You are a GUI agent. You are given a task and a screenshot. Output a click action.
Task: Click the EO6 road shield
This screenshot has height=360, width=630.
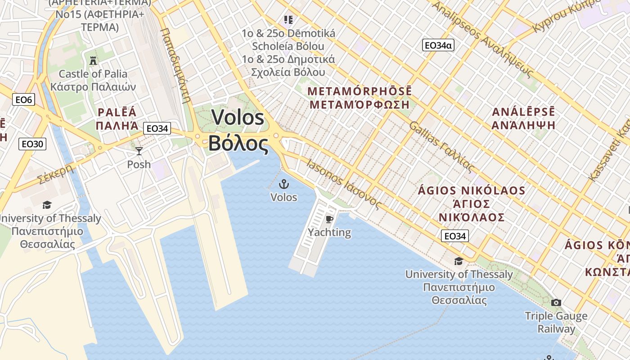23,99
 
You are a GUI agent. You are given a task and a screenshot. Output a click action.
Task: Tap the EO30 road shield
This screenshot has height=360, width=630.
32,144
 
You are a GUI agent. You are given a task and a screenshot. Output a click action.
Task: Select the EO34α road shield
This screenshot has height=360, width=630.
438,45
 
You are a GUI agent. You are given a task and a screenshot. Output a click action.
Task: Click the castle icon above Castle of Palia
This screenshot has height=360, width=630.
93,60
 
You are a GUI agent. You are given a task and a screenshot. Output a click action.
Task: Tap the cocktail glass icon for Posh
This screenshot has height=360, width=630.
139,151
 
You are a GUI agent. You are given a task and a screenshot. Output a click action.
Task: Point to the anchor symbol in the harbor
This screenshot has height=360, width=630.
284,184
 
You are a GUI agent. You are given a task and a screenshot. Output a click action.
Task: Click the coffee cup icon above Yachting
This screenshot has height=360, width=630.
329,219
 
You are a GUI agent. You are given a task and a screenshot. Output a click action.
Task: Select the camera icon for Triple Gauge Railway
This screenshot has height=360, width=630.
556,302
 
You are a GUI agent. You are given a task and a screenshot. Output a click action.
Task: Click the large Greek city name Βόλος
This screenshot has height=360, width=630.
238,144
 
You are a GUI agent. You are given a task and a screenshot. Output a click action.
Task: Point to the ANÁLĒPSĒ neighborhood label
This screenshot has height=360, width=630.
523,112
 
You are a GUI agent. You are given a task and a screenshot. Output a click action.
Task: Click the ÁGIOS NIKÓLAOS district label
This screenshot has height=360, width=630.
472,190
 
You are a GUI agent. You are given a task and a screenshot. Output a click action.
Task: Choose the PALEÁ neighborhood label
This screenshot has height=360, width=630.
117,112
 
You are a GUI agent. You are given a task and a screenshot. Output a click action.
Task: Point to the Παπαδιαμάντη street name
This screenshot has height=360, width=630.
176,65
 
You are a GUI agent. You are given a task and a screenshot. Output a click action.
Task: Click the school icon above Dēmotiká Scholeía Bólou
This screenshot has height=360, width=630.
288,20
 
